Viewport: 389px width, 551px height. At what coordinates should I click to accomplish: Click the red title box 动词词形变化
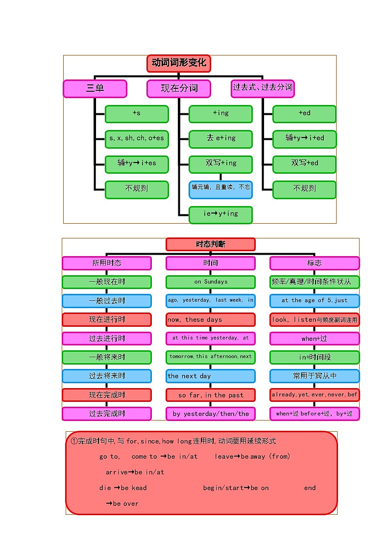(178, 63)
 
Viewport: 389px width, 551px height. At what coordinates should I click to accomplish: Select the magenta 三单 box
(95, 89)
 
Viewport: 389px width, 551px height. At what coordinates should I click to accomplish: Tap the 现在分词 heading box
(179, 89)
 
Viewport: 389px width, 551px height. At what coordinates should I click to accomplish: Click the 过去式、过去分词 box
(263, 88)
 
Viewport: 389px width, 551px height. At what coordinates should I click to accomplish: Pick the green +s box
(137, 114)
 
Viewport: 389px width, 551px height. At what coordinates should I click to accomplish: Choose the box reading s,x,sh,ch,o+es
(137, 139)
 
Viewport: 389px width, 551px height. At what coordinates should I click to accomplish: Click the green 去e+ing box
(220, 139)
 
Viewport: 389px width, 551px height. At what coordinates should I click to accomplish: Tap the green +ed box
(304, 114)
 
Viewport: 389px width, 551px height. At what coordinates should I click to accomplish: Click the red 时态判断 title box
(210, 244)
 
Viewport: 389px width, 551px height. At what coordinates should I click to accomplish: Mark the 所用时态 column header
(106, 263)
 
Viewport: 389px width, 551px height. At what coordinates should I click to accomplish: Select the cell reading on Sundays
(210, 282)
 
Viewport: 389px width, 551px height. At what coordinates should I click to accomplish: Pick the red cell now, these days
(210, 320)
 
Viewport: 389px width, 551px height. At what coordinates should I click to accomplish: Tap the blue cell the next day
(210, 376)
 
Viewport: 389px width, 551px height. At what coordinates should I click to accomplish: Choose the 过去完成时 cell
(106, 414)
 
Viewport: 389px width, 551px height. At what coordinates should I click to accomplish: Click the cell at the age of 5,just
(314, 301)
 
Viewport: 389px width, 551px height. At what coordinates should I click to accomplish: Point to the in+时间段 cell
(314, 357)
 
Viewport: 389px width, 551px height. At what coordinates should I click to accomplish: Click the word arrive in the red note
(116, 472)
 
